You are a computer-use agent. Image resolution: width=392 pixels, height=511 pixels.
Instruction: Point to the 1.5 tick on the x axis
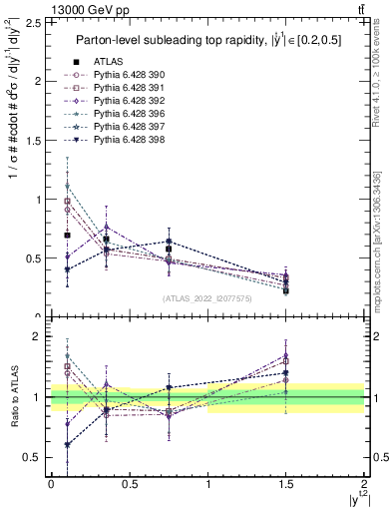pos(286,486)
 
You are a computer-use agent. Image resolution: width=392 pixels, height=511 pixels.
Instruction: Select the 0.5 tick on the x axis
pos(130,486)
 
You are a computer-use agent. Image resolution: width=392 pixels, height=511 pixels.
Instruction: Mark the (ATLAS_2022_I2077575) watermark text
pos(206,298)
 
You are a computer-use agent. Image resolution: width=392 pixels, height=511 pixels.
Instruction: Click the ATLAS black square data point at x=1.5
pos(286,290)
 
